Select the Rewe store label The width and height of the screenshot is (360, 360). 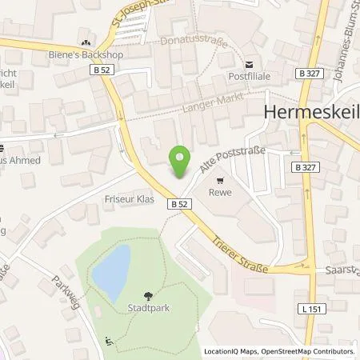coord(219,192)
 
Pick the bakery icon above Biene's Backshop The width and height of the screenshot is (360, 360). coord(86,43)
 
